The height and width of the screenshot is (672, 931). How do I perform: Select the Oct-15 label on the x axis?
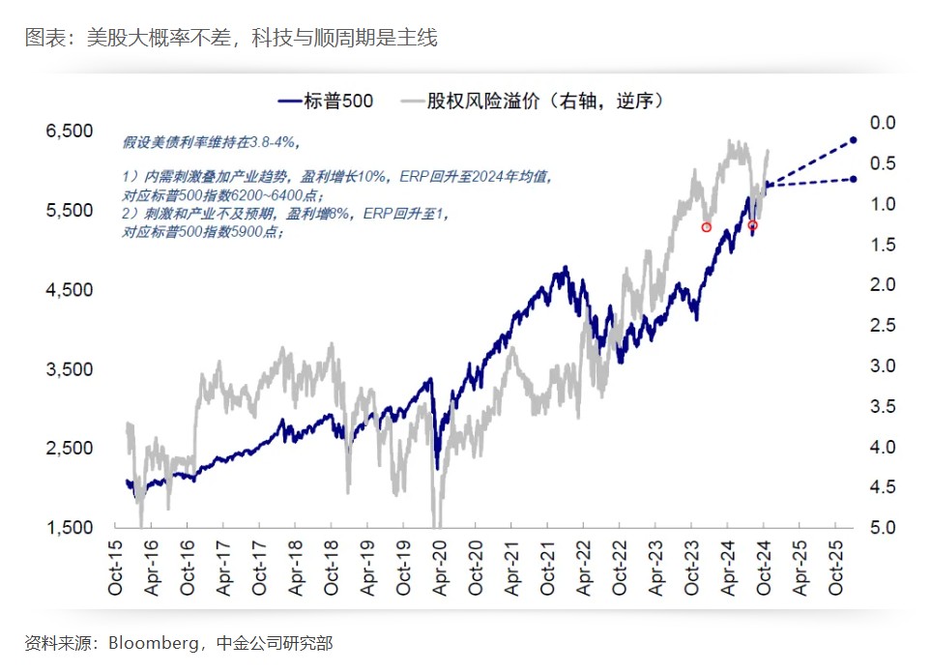pyautogui.click(x=116, y=571)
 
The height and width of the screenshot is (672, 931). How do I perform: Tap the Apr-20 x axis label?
pyautogui.click(x=440, y=571)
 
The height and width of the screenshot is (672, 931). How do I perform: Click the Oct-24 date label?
pyautogui.click(x=764, y=571)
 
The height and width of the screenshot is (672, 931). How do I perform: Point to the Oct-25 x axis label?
pyautogui.click(x=836, y=571)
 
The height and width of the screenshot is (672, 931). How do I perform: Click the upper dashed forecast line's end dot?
pyautogui.click(x=854, y=140)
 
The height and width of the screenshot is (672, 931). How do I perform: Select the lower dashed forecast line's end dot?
pyautogui.click(x=854, y=179)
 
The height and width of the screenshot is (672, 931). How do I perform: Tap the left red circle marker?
pyautogui.click(x=707, y=227)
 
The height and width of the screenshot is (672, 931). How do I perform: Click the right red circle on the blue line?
pyautogui.click(x=752, y=225)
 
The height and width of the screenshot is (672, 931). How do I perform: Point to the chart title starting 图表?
pyautogui.click(x=231, y=39)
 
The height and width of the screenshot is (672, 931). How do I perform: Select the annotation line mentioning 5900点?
pyautogui.click(x=203, y=233)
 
